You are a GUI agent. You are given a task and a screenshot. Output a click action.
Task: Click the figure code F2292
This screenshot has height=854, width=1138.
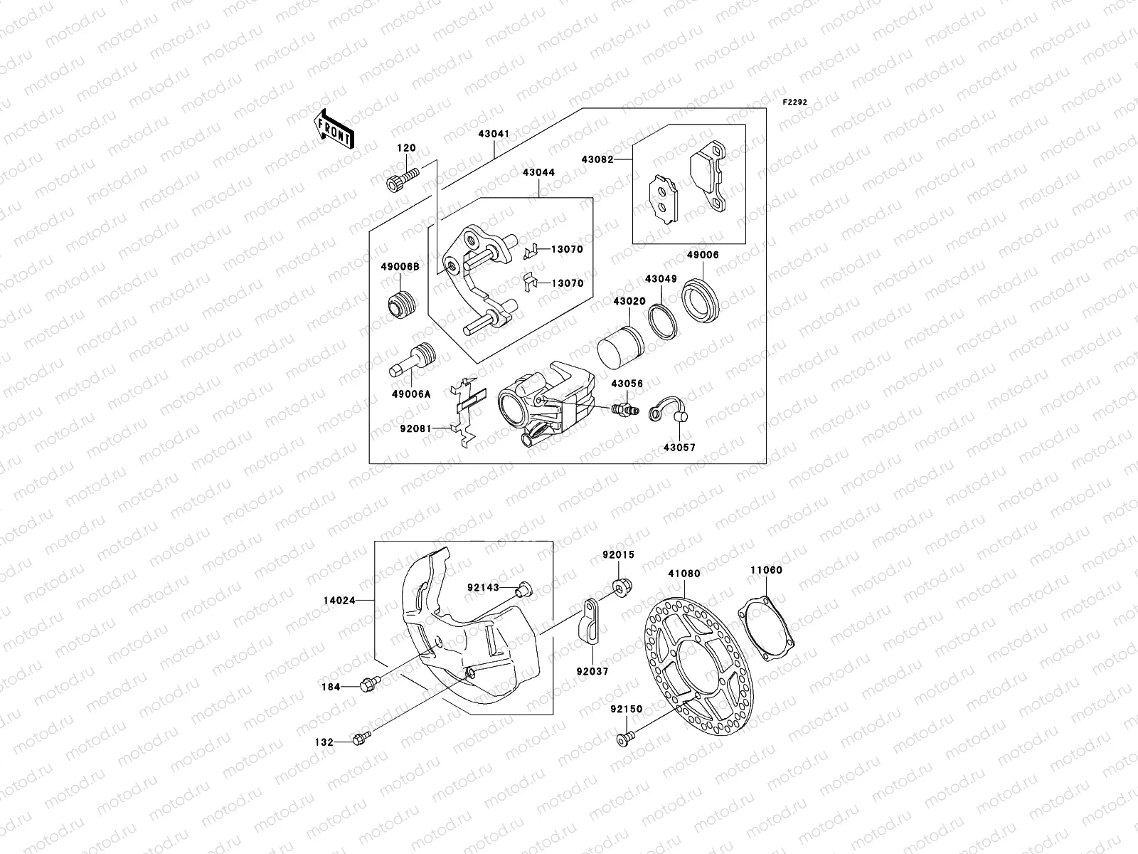click(794, 102)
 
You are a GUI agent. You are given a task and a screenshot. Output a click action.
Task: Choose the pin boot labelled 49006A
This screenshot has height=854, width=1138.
click(413, 361)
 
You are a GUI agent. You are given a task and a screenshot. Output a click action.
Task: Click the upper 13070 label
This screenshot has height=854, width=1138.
click(567, 249)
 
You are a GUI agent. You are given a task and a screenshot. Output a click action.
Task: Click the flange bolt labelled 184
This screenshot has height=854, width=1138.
click(370, 684)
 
